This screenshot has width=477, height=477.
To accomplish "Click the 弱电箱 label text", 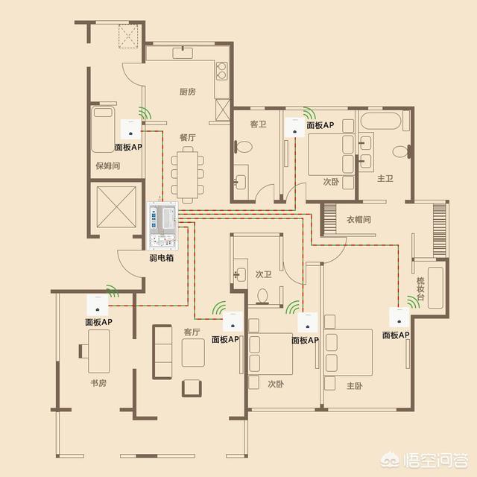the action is click(162, 258).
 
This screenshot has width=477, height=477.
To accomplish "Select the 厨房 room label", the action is click(187, 92).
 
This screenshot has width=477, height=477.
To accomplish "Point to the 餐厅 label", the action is click(187, 137).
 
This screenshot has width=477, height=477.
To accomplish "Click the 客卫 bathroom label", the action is click(259, 124).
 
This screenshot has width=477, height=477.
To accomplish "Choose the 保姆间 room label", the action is click(108, 165).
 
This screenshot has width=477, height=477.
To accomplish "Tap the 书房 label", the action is click(98, 383).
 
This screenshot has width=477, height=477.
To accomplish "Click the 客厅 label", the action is click(192, 332).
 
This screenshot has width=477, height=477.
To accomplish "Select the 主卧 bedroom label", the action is click(355, 386).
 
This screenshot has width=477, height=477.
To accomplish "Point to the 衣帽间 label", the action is click(358, 219).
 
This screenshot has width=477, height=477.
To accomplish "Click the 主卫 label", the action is click(385, 178).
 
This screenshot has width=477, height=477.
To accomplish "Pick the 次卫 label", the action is click(263, 274).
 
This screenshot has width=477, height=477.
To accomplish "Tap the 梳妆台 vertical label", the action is click(420, 288).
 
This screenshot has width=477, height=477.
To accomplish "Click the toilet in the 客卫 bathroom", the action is click(243, 147).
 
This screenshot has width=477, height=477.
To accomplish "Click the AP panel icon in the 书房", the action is click(98, 306).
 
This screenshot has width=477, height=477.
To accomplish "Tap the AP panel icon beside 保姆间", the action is click(131, 130).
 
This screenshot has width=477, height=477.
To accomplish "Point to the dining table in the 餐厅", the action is click(188, 174).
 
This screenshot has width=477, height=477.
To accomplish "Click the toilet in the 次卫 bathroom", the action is click(262, 296).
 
